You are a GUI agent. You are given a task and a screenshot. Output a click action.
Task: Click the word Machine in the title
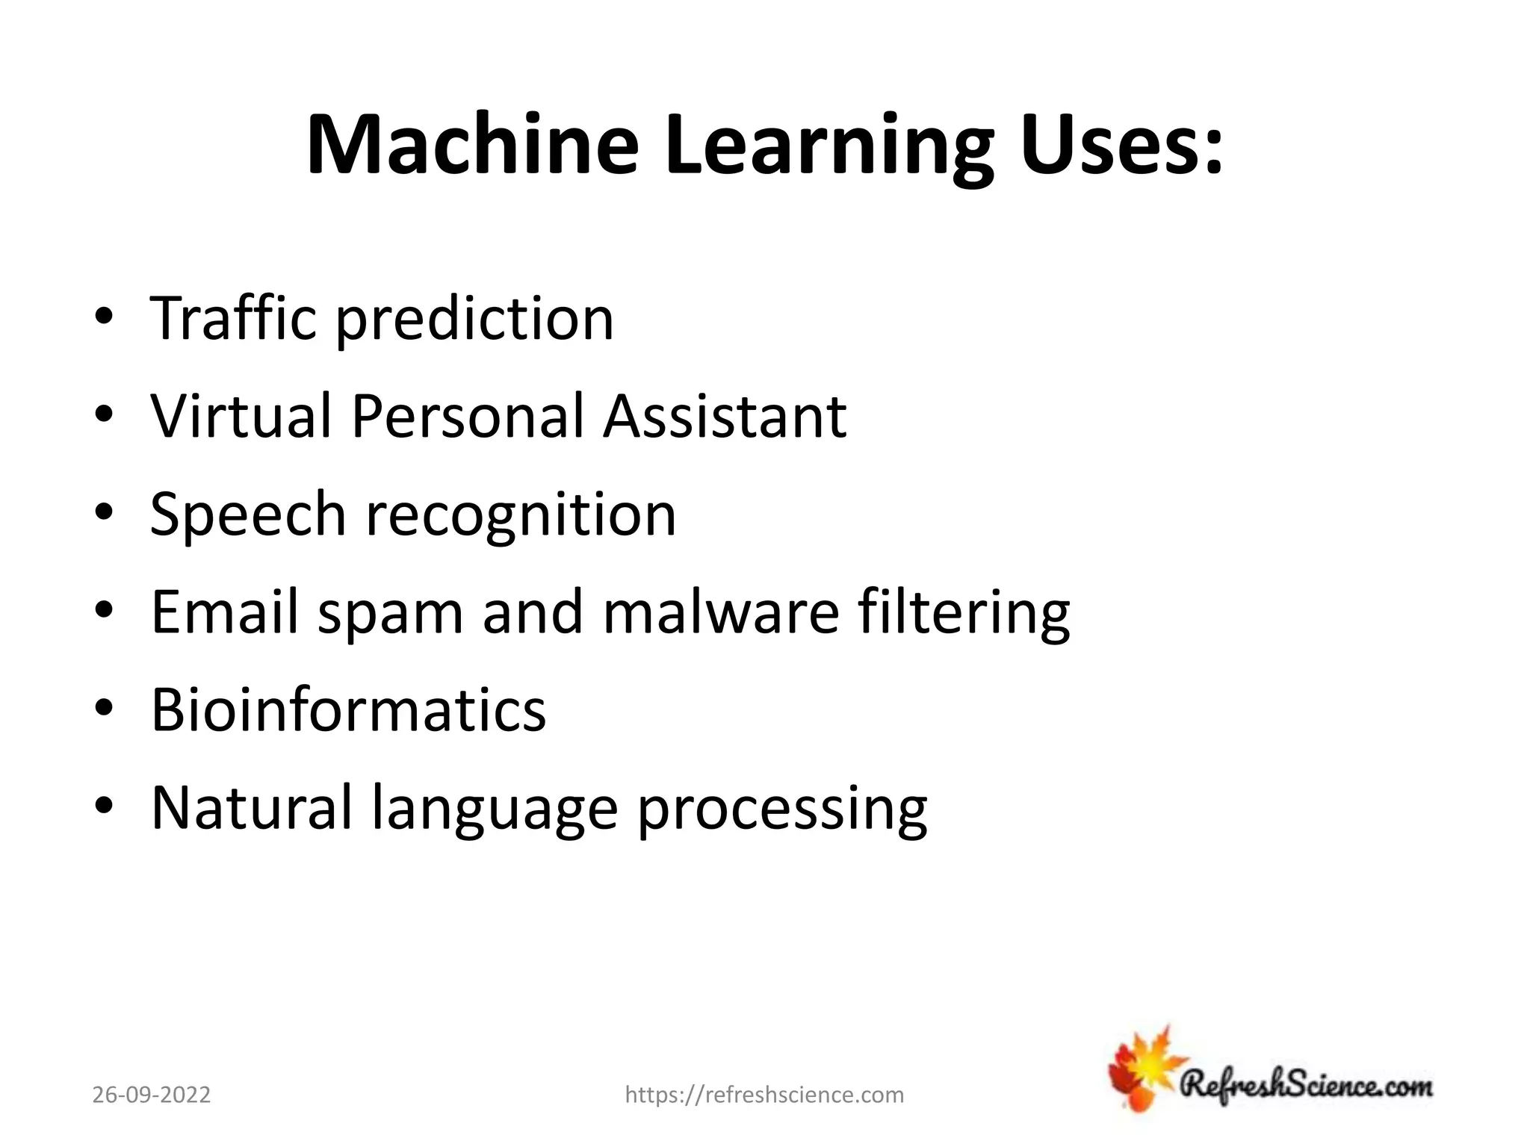point(472,145)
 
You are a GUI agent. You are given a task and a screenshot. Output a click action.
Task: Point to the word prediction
point(474,321)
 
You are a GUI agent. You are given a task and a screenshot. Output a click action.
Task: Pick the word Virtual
point(241,416)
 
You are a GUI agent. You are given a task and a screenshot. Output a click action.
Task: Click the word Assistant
point(725,416)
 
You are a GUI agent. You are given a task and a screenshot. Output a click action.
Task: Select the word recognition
point(521,517)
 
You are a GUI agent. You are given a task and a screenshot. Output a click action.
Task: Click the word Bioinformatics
point(349,710)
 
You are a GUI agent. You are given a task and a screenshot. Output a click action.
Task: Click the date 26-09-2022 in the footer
point(152,1095)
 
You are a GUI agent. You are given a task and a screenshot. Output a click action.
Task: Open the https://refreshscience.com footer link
point(764,1095)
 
